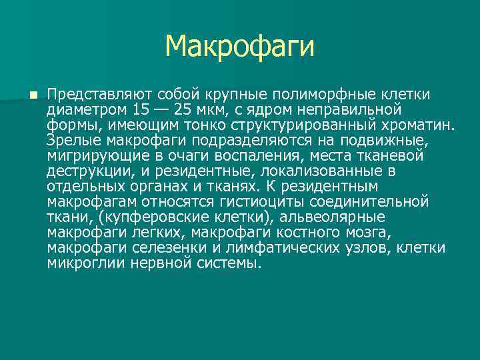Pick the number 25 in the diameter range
(189, 109)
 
